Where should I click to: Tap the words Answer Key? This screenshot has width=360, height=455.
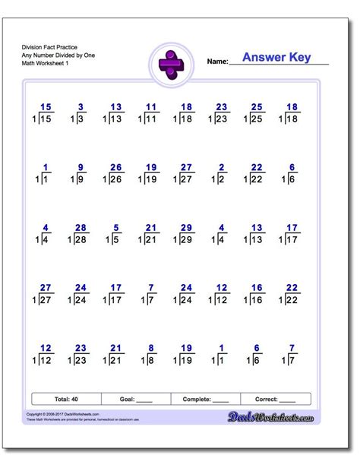pos(276,58)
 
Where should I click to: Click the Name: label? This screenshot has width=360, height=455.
pos(216,62)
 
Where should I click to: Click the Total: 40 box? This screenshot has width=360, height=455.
pos(66,398)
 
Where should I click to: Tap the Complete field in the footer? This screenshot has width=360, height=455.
pos(205,398)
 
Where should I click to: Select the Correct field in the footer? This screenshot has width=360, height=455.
pos(275,398)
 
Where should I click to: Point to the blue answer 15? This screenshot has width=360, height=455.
pos(46,107)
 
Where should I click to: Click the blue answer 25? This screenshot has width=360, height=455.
pos(256,107)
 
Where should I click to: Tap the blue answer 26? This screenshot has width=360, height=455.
pos(115,167)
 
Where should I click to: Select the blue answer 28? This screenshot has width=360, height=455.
pos(81,227)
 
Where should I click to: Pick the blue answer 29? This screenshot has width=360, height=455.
pos(186,227)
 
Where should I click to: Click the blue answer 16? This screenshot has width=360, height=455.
pos(256,288)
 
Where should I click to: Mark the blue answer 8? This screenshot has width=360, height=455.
pos(152,348)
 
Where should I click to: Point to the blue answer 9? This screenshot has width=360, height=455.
pos(81,167)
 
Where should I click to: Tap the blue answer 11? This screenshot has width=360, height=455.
pos(151,107)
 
